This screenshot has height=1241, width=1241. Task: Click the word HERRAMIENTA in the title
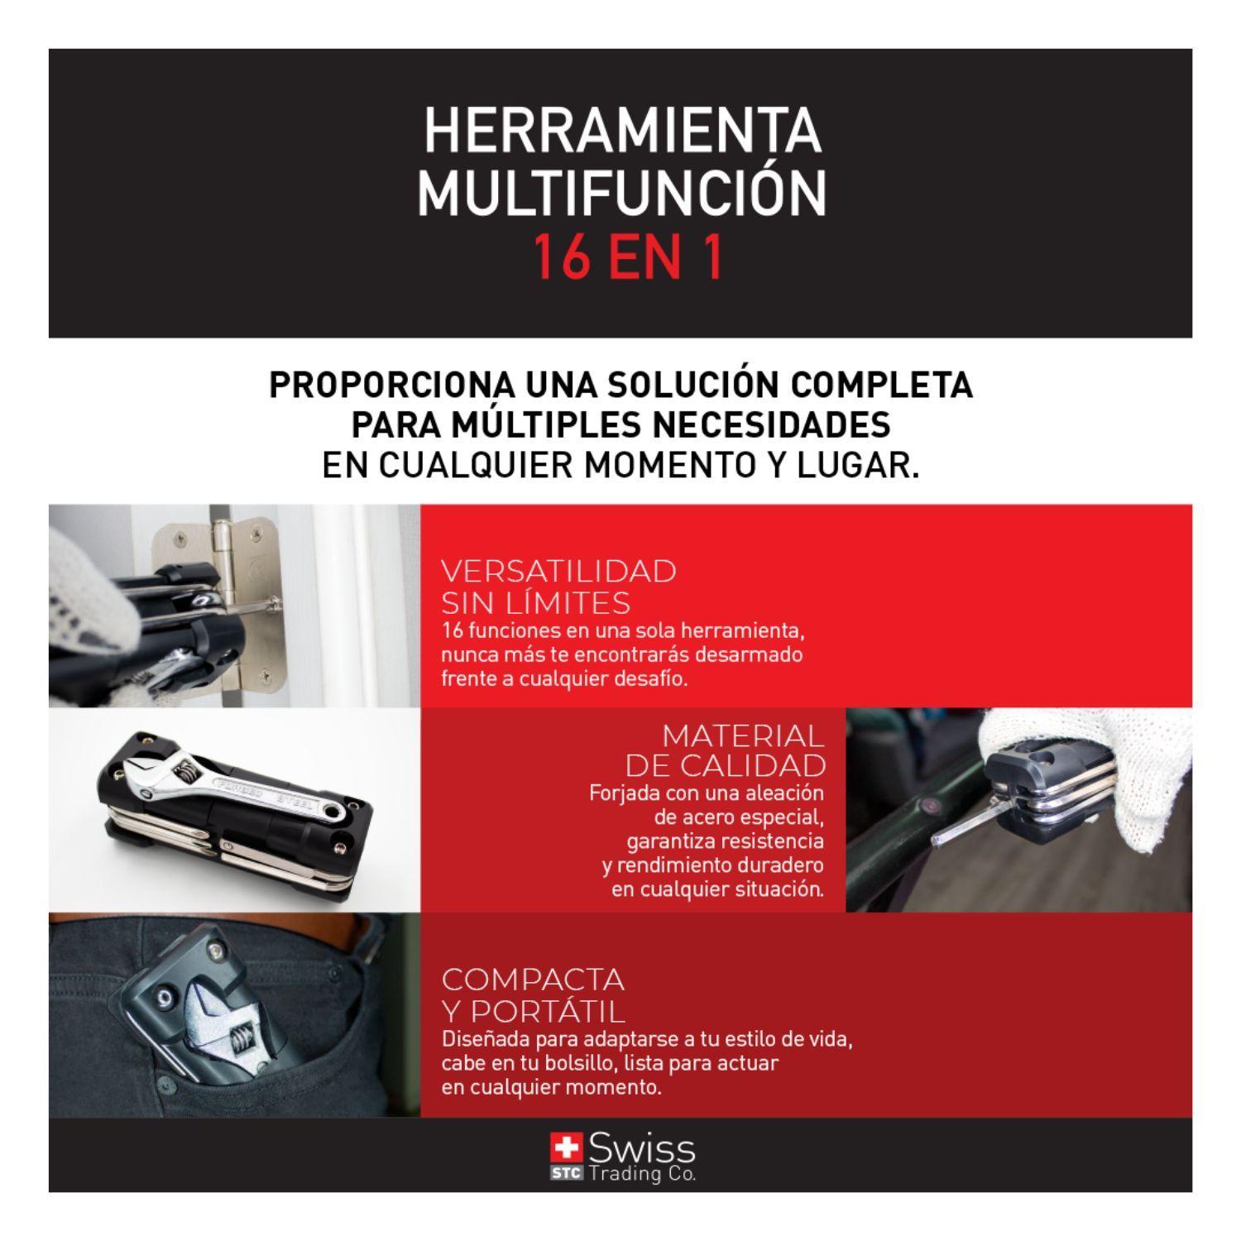click(x=621, y=132)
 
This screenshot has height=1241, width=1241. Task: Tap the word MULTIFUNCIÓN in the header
click(x=621, y=193)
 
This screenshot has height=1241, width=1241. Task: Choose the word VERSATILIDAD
click(x=558, y=571)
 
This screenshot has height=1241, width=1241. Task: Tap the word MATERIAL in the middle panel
click(x=743, y=735)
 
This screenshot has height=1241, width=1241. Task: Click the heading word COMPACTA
click(x=533, y=980)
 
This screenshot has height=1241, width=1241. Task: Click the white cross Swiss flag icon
click(x=567, y=1149)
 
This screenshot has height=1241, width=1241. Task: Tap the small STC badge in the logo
click(x=567, y=1172)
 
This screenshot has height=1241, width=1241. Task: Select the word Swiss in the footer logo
click(x=642, y=1149)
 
